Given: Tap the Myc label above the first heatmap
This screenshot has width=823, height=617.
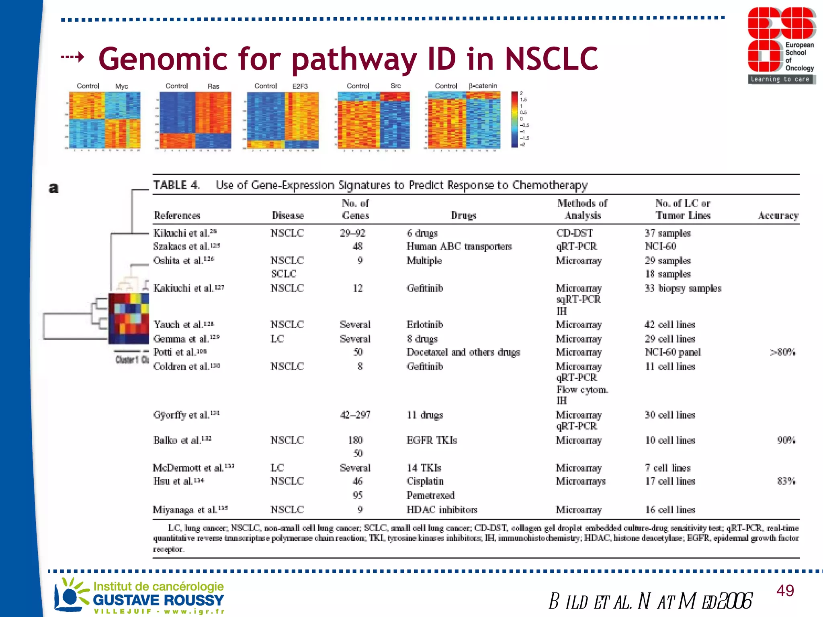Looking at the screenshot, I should tap(122, 86).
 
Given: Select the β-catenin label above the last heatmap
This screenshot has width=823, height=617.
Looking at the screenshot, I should tap(483, 86).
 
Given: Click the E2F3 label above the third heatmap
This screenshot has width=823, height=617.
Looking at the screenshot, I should tap(300, 86).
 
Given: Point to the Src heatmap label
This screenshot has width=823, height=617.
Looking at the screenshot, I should tap(395, 86).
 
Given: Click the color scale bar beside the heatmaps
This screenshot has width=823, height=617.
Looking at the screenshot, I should tap(514, 119).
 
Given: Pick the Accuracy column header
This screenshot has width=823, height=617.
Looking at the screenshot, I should tap(778, 216).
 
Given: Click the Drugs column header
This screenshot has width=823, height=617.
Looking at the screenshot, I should tap(463, 216).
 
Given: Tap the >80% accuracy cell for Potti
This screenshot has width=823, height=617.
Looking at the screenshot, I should tap(782, 352).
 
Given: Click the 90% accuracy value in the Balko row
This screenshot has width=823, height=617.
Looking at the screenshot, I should tap(786, 440).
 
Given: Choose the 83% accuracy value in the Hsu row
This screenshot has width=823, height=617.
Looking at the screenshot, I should tap(786, 481).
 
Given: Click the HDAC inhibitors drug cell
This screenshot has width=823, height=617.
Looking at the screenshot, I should tap(442, 510).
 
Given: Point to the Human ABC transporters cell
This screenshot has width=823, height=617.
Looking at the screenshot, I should tap(459, 246).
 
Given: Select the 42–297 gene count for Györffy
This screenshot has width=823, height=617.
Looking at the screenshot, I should tap(355, 415).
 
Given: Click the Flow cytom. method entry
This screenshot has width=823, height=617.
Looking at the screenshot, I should tap(582, 389).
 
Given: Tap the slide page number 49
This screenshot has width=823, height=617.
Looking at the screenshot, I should tap(785, 590).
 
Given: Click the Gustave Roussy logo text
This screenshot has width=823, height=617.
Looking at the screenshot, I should tap(158, 600).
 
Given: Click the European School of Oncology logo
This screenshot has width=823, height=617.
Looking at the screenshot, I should tap(781, 45).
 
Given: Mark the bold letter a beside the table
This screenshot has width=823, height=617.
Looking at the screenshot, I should tap(53, 188).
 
